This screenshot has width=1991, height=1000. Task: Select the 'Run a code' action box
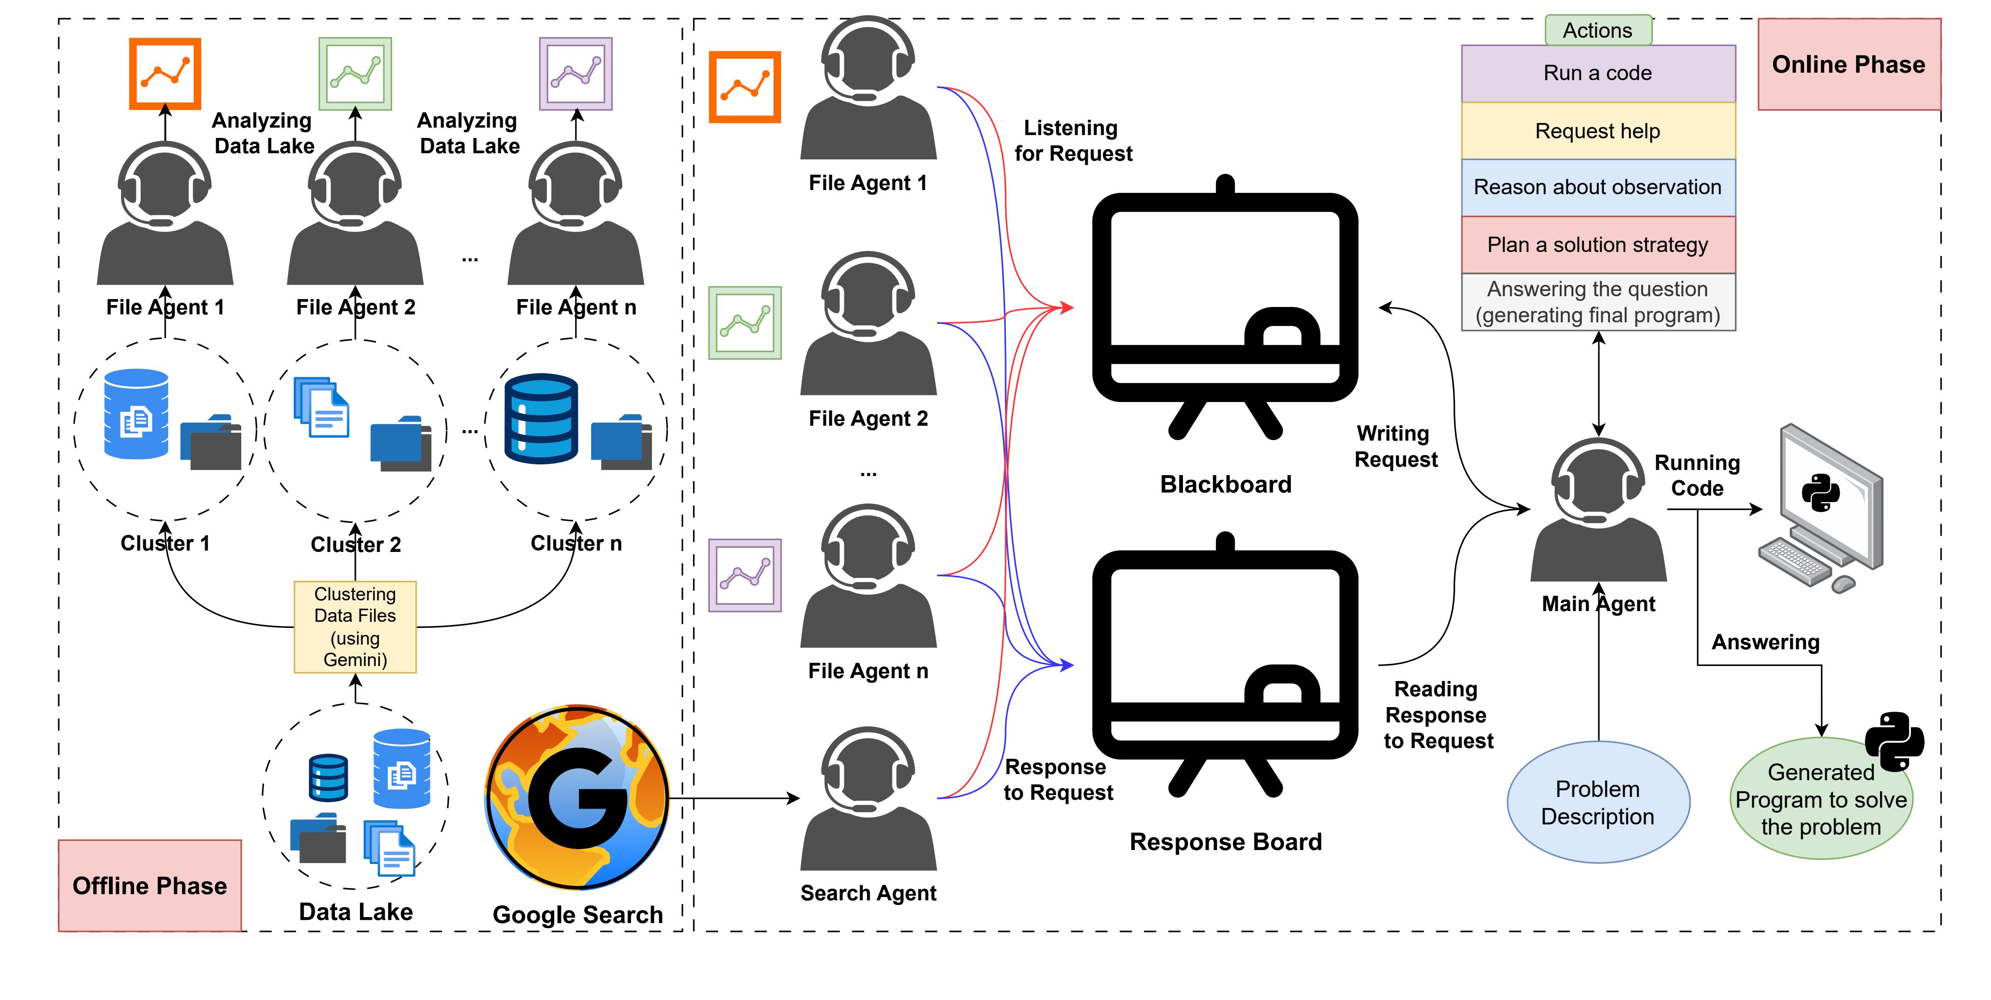[x=1597, y=74]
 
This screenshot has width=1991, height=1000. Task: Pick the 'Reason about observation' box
[x=1597, y=187]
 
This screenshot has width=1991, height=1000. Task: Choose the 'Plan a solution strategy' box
[x=1597, y=245]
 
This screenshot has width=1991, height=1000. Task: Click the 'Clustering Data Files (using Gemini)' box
[x=355, y=627]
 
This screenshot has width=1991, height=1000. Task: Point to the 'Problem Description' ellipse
[x=1597, y=802]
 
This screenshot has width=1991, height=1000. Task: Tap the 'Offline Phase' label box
[x=150, y=885]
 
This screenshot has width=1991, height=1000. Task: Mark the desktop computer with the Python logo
[x=1824, y=506]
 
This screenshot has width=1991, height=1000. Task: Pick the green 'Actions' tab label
[x=1597, y=30]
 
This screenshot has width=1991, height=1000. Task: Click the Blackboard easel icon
[x=1224, y=309]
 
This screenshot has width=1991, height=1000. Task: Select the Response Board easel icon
[x=1224, y=666]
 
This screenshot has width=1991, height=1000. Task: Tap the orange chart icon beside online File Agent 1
[x=744, y=87]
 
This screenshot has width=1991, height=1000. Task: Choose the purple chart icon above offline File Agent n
[x=576, y=74]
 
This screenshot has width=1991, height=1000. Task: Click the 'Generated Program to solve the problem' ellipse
[x=1821, y=799]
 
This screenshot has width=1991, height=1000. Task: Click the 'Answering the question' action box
[x=1597, y=302]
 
